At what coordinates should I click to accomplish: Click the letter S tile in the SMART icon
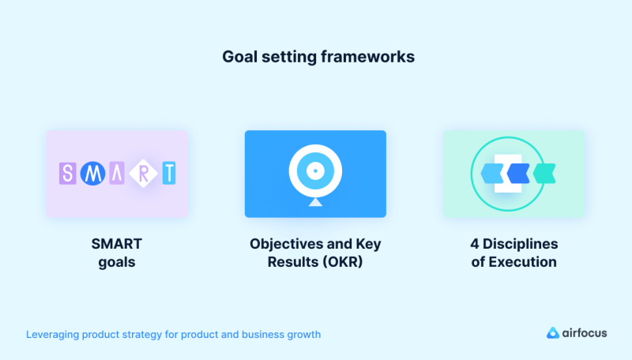tap(68, 174)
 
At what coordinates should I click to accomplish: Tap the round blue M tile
tap(92, 174)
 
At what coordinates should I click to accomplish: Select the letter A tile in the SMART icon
tap(117, 174)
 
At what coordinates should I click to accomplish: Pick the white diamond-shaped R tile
tap(143, 174)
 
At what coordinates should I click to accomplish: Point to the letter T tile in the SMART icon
tap(167, 174)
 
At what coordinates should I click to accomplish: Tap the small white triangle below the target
tap(315, 203)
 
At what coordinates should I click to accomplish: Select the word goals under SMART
tap(117, 262)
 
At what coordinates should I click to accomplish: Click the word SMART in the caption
tap(117, 243)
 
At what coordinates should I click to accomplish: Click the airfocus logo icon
tap(553, 333)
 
